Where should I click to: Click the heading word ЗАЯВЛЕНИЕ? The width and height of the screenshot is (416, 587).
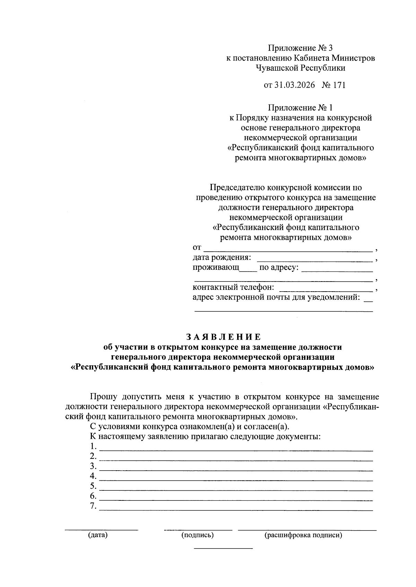(x=223, y=337)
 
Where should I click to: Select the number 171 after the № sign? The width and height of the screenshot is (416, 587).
(x=339, y=85)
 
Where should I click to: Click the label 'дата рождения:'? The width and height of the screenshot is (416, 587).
(x=222, y=258)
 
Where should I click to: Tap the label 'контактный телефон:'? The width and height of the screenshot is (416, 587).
(x=233, y=287)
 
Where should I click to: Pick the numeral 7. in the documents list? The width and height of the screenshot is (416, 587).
(x=93, y=506)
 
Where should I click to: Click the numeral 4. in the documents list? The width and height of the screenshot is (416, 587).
(x=93, y=476)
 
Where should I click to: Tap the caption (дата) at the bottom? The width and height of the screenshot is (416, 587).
(x=98, y=535)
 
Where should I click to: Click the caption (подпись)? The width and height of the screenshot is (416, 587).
(x=198, y=535)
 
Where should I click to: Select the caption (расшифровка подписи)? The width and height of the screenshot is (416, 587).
(x=303, y=535)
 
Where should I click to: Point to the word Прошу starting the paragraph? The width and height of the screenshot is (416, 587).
(x=103, y=397)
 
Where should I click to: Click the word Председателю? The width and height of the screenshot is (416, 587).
(x=237, y=188)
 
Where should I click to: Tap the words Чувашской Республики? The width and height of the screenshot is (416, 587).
(x=300, y=68)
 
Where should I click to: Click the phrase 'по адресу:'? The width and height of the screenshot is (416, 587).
(x=279, y=268)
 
